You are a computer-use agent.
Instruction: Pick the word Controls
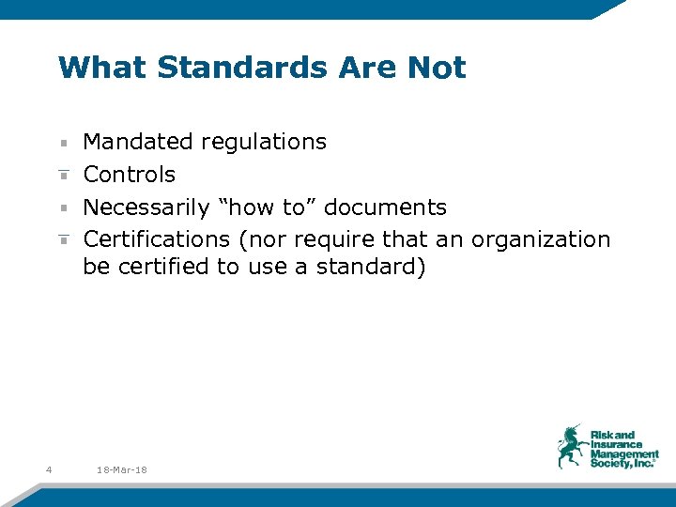click(x=130, y=175)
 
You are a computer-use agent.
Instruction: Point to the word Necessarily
click(x=146, y=207)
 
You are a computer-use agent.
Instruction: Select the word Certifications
click(x=157, y=239)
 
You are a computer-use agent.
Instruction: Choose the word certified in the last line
click(x=161, y=267)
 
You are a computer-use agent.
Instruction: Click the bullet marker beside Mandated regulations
click(x=62, y=144)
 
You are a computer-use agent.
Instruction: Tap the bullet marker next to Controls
click(x=62, y=176)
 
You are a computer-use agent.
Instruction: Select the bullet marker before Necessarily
click(x=62, y=208)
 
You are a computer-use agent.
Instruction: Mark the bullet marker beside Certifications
click(x=62, y=240)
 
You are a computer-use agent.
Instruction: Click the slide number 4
click(x=48, y=469)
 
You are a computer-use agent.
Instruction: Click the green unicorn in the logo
click(x=570, y=445)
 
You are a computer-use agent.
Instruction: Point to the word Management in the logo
click(x=624, y=454)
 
